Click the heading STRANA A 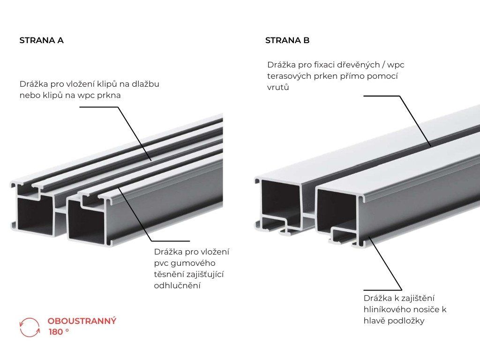pos(41,40)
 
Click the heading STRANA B pos(287,40)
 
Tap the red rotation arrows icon pos(30,327)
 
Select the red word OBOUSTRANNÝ pos(82,321)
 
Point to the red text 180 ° pos(59,332)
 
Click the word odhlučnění pos(177,285)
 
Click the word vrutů pos(278,87)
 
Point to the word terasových pos(288,76)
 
